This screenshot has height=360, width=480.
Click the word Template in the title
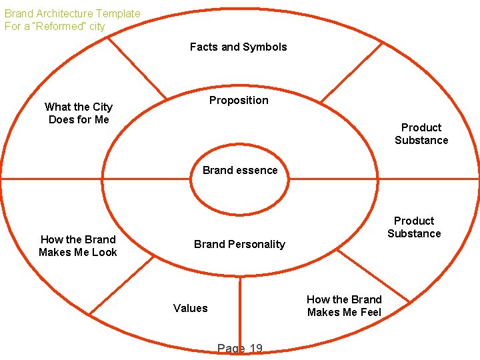118,13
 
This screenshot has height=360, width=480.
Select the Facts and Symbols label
238,47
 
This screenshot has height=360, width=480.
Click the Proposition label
239,100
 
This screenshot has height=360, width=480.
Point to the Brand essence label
240,170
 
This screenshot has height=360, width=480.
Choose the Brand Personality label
239,244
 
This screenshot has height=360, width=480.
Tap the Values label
190,308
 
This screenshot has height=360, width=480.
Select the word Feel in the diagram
369,312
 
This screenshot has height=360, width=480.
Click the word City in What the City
103,107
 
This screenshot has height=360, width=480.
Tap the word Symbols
264,47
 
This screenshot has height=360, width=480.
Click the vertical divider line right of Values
240,313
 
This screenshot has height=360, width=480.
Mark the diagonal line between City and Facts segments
137,67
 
